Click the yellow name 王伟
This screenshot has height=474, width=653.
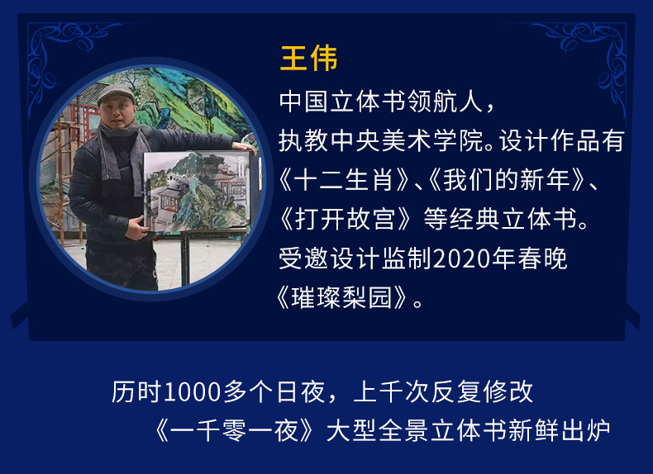click(x=308, y=59)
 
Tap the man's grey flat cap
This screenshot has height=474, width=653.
click(x=116, y=93)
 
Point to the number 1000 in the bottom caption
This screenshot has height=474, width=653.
click(x=192, y=392)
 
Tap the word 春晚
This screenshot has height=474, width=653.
click(x=542, y=258)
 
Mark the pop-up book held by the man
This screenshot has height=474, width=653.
click(x=198, y=192)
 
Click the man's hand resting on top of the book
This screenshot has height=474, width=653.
click(x=243, y=147)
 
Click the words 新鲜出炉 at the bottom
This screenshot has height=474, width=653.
click(x=559, y=431)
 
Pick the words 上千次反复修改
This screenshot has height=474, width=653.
click(x=443, y=392)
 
